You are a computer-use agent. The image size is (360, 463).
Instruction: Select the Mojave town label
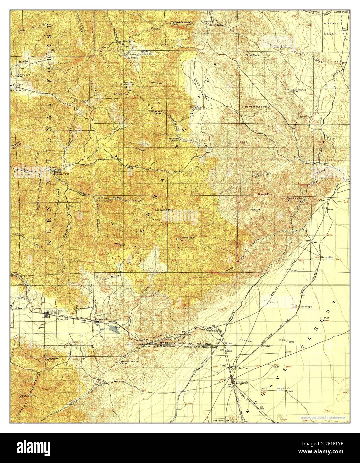pyautogui.click(x=241, y=382)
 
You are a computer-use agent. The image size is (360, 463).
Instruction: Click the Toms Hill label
pyautogui.click(x=244, y=142)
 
